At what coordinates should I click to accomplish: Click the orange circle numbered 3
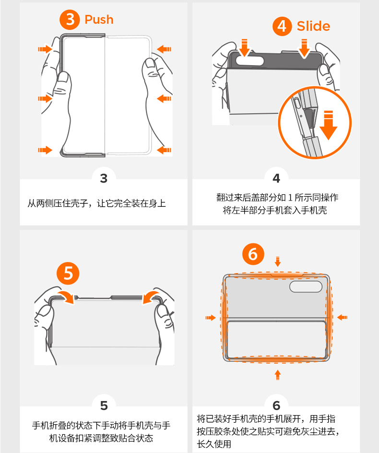pyautogui.click(x=70, y=19)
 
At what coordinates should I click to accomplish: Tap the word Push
pyautogui.click(x=99, y=20)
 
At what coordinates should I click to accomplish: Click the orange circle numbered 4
pyautogui.click(x=282, y=26)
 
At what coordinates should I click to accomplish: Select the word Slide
pyautogui.click(x=313, y=26)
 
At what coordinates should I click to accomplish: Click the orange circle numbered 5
pyautogui.click(x=68, y=274)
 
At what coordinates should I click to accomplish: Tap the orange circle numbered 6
pyautogui.click(x=253, y=254)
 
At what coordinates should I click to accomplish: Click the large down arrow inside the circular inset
pyautogui.click(x=329, y=125)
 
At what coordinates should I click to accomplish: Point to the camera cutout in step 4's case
pyautogui.click(x=249, y=60)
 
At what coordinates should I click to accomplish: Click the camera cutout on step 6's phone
pyautogui.click(x=306, y=286)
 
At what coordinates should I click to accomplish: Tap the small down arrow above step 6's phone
pyautogui.click(x=278, y=262)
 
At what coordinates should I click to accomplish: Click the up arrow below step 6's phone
pyautogui.click(x=278, y=374)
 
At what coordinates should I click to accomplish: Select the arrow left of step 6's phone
pyautogui.click(x=211, y=318)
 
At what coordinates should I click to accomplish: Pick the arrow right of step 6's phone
pyautogui.click(x=343, y=318)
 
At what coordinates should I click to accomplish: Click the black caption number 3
pyautogui.click(x=104, y=179)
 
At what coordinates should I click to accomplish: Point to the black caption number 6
pyautogui.click(x=276, y=405)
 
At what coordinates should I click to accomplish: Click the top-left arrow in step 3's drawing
pyautogui.click(x=45, y=49)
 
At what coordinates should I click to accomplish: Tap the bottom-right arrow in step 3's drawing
pyautogui.click(x=164, y=150)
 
